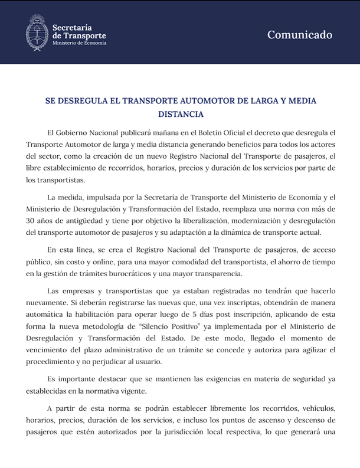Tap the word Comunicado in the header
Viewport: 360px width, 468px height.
pyautogui.click(x=300, y=35)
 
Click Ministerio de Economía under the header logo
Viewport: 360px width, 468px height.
pyautogui.click(x=79, y=43)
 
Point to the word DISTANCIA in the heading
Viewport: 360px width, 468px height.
pyautogui.click(x=180, y=114)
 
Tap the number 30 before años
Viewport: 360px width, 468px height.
pyautogui.click(x=32, y=218)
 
